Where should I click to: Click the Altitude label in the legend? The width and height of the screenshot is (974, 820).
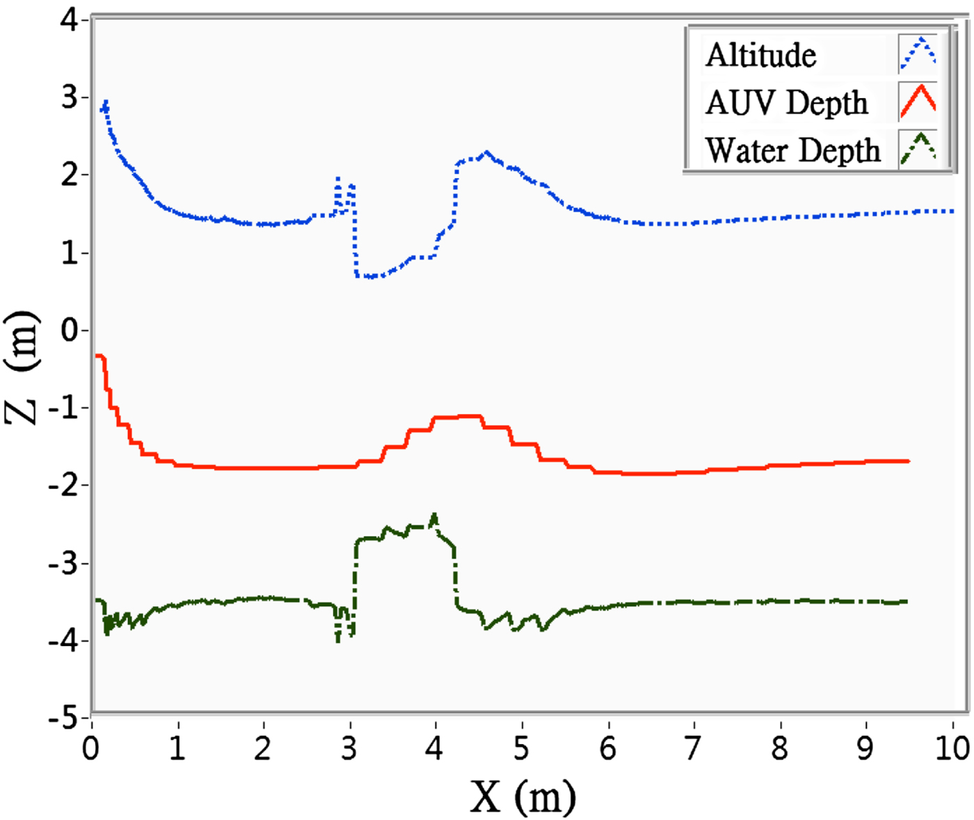[760, 55]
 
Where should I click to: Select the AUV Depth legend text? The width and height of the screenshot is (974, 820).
[786, 103]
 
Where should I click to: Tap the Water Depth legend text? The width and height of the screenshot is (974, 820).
[793, 150]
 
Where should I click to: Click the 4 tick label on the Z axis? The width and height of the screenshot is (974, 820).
[70, 19]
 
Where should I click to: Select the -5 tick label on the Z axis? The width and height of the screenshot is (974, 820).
[64, 718]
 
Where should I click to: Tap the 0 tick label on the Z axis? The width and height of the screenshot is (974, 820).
[70, 330]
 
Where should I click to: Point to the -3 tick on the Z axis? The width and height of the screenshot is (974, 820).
[64, 562]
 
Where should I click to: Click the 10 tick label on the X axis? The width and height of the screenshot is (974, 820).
[952, 748]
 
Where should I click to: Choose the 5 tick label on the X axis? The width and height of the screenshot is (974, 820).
[521, 748]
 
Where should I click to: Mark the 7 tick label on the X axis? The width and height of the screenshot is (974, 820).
[693, 748]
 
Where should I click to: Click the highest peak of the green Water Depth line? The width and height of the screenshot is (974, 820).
[435, 515]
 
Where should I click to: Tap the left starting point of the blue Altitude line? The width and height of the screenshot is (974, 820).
[102, 109]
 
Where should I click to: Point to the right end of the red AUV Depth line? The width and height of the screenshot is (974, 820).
[908, 461]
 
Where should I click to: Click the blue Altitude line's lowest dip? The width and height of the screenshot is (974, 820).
[369, 276]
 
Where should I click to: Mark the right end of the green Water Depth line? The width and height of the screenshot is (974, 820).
[906, 601]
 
